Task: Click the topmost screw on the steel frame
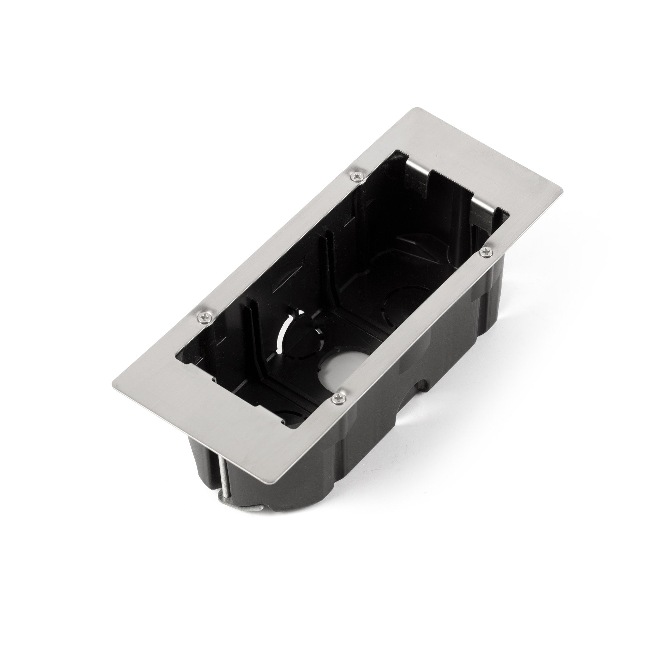click(356, 176)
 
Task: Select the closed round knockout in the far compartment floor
click(397, 297)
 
